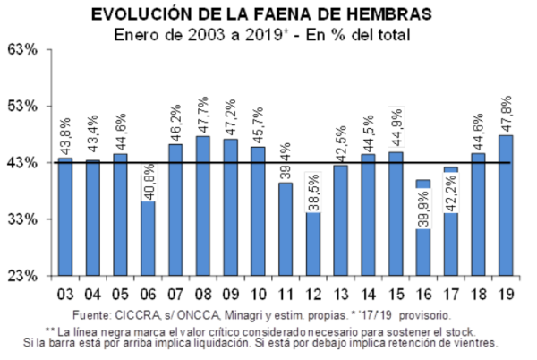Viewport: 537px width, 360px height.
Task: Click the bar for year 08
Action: tap(202, 206)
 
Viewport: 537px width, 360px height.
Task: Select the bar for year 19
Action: tap(506, 205)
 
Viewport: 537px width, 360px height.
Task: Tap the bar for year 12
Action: tap(312, 244)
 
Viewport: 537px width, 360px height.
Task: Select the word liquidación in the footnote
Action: tap(260, 342)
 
